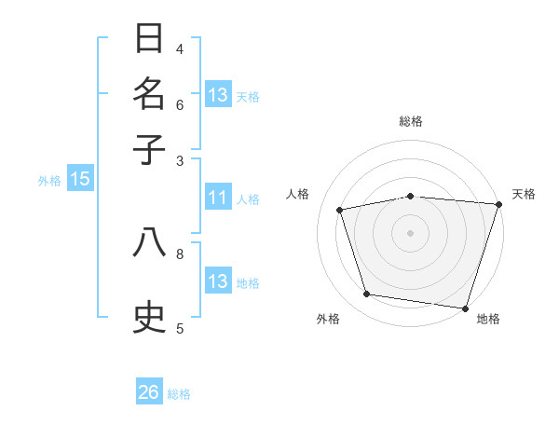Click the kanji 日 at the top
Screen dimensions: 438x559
pyautogui.click(x=150, y=39)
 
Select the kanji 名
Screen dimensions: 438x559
pyautogui.click(x=150, y=94)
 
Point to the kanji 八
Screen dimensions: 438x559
pyautogui.click(x=150, y=242)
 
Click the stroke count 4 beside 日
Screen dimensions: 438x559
pyautogui.click(x=180, y=48)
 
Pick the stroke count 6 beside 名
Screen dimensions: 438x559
pyautogui.click(x=180, y=104)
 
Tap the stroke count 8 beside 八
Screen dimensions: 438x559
pyautogui.click(x=180, y=253)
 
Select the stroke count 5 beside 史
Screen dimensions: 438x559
pyautogui.click(x=180, y=327)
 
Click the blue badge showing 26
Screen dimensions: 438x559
pyautogui.click(x=149, y=392)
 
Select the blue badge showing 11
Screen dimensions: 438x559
pyautogui.click(x=218, y=198)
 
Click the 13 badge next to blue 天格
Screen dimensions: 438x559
pyautogui.click(x=218, y=95)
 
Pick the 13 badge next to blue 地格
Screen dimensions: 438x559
pyautogui.click(x=218, y=281)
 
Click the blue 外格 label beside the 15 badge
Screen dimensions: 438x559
pyautogui.click(x=49, y=181)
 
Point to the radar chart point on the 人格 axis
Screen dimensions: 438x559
pyautogui.click(x=340, y=210)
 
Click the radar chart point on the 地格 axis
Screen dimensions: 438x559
pyautogui.click(x=465, y=308)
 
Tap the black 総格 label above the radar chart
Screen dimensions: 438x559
pyautogui.click(x=411, y=121)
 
